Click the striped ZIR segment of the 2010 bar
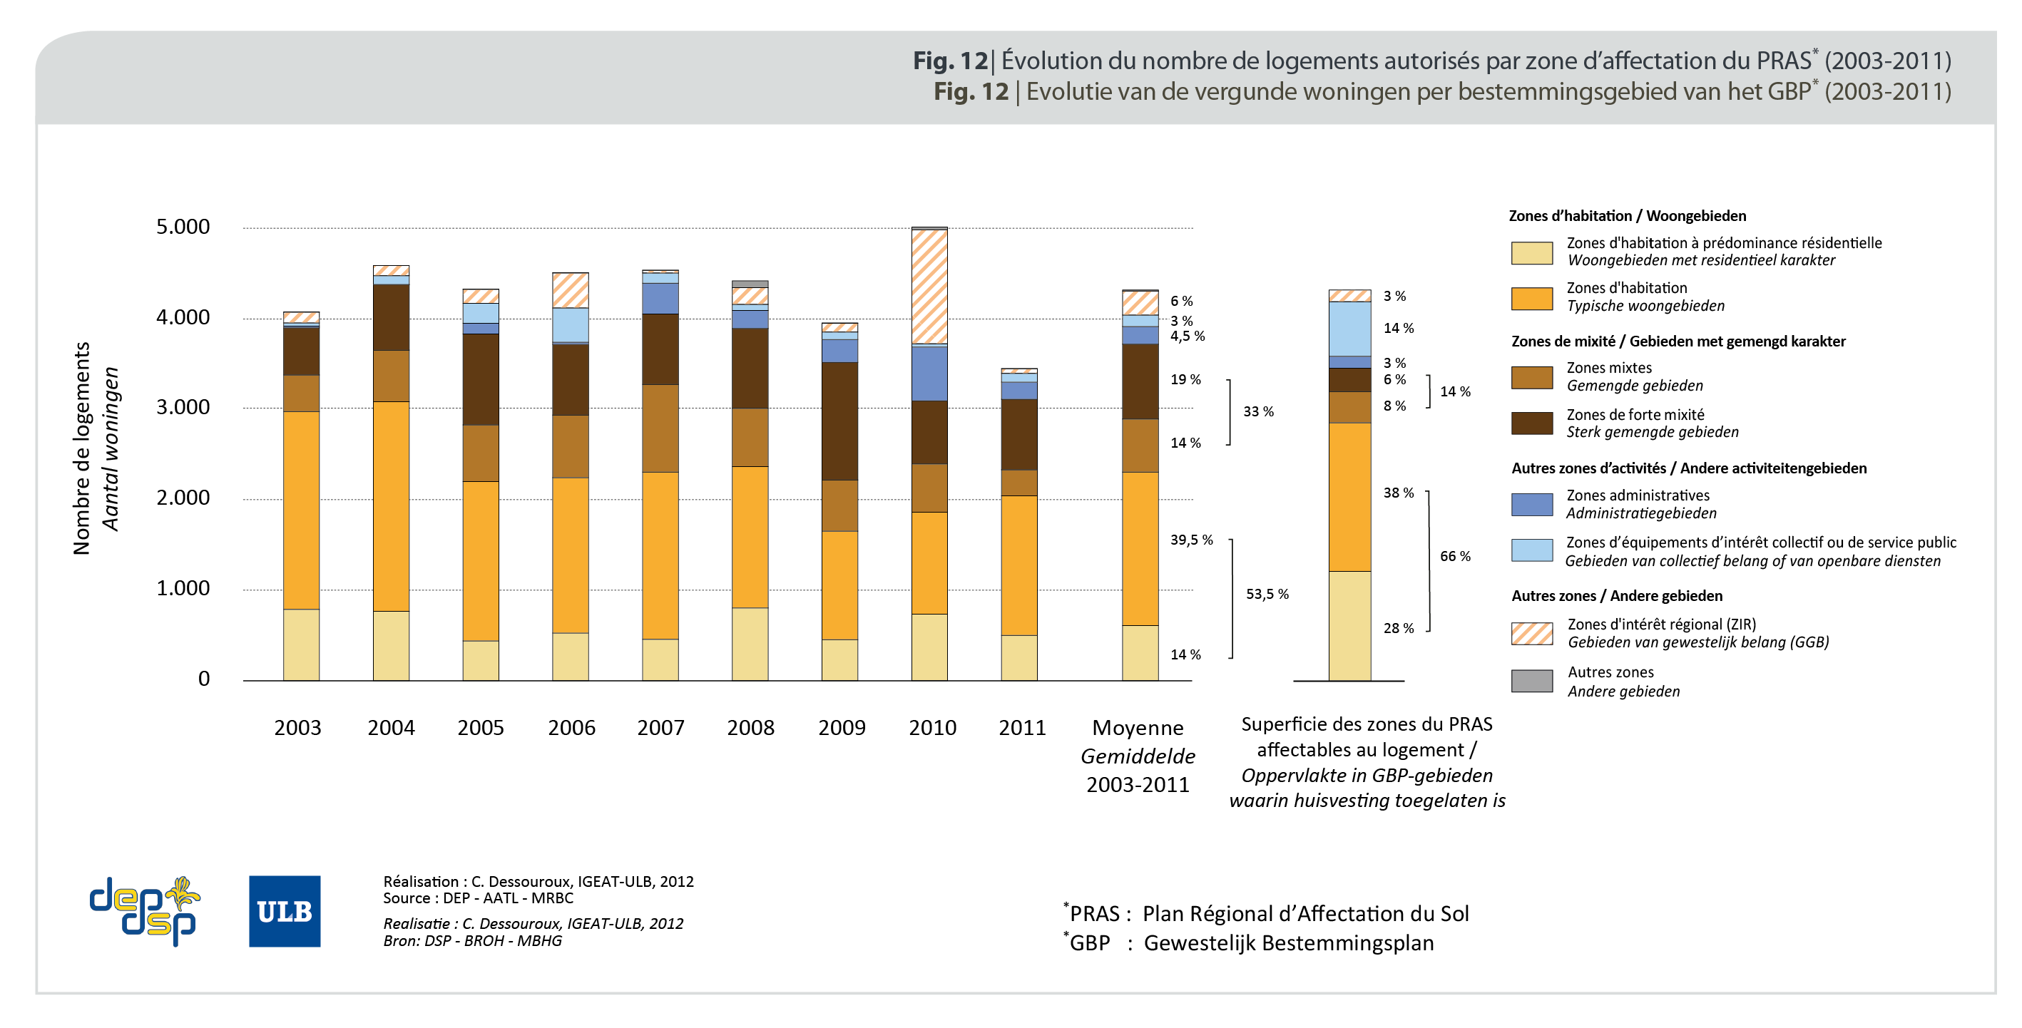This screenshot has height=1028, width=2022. tap(929, 287)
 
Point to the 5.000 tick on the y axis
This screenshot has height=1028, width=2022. tap(183, 227)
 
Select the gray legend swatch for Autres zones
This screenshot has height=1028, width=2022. tap(1531, 681)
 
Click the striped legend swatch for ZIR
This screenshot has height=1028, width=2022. tap(1531, 633)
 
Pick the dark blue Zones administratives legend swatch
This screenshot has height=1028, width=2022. tap(1531, 505)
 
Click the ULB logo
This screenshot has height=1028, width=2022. tap(284, 911)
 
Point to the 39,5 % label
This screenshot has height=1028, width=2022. tap(1191, 540)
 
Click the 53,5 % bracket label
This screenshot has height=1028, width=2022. tap(1267, 594)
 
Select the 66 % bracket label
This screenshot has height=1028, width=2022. tap(1454, 556)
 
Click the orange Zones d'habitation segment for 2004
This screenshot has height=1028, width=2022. tap(391, 506)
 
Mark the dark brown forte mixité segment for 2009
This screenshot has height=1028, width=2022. tap(840, 421)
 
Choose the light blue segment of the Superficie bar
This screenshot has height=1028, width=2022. tap(1349, 329)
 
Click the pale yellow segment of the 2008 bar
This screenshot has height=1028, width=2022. tap(750, 644)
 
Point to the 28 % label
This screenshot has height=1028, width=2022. tap(1398, 629)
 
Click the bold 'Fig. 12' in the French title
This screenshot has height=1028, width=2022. tap(950, 61)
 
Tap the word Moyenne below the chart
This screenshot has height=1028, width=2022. tap(1138, 729)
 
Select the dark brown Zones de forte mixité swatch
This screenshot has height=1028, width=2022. tap(1531, 423)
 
